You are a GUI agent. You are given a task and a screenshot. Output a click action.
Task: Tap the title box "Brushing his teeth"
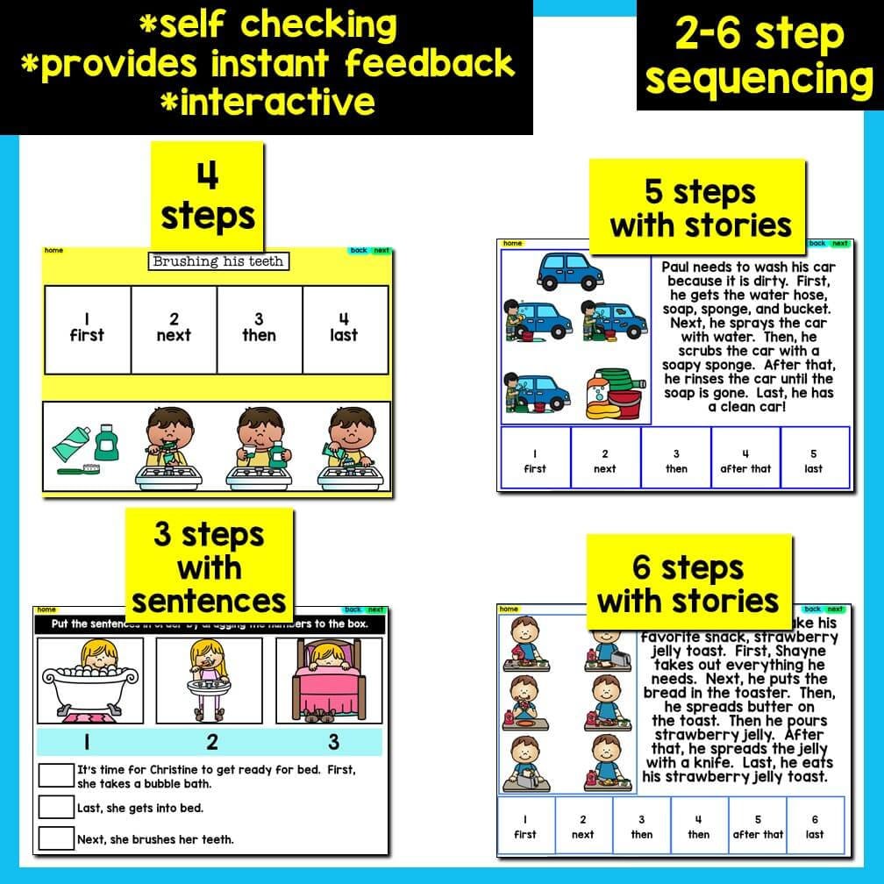(217, 261)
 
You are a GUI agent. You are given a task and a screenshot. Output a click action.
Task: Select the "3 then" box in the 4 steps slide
(259, 328)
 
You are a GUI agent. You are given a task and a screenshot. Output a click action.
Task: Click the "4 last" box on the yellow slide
(345, 328)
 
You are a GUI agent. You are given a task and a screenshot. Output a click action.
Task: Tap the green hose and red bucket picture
(615, 391)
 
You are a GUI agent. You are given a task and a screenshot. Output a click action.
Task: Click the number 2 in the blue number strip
(212, 742)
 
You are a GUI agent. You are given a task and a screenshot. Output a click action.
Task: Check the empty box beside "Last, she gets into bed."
(56, 807)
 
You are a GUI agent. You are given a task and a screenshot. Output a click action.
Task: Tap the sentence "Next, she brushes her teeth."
(155, 839)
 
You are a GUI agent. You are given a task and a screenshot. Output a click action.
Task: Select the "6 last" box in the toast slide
(815, 826)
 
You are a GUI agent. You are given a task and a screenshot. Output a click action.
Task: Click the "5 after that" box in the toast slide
(758, 826)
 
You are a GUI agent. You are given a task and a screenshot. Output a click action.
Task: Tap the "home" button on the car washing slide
(512, 244)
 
